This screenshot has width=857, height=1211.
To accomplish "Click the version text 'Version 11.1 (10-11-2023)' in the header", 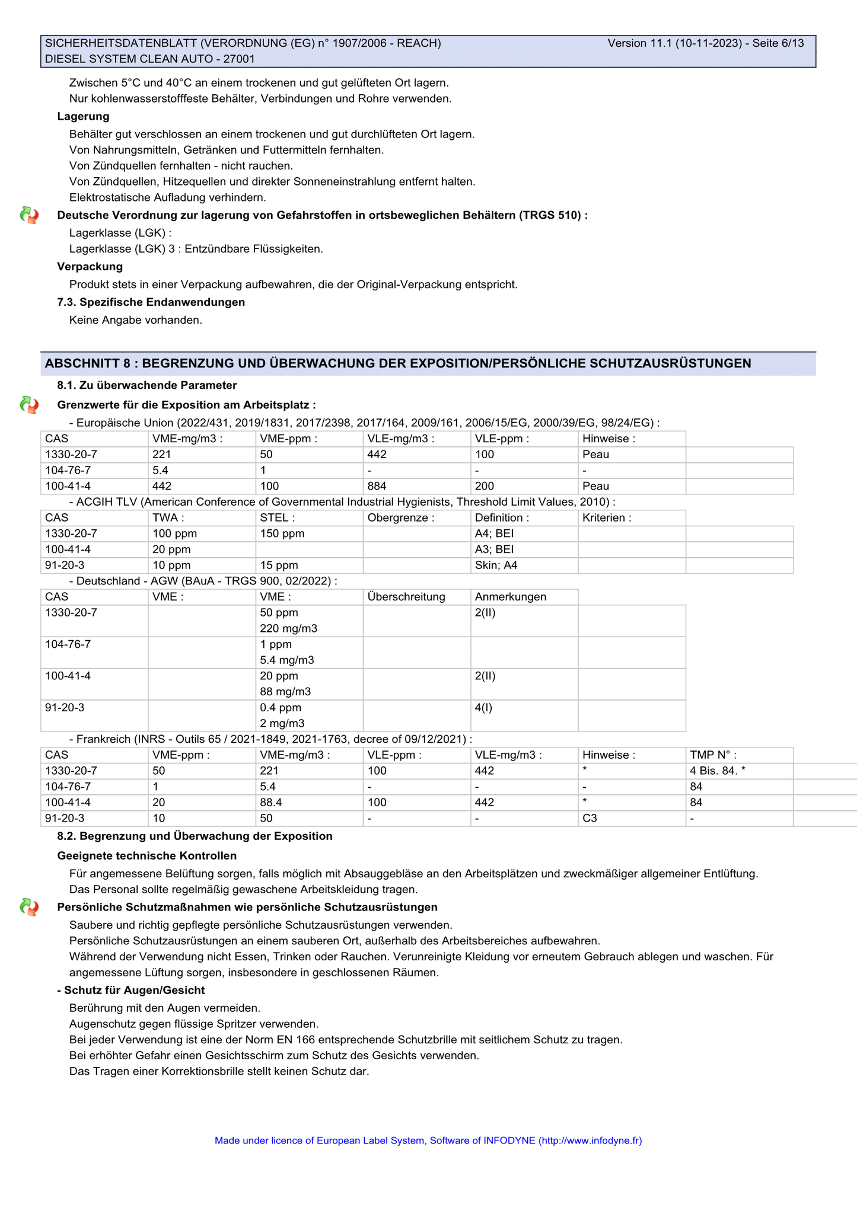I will (x=674, y=43).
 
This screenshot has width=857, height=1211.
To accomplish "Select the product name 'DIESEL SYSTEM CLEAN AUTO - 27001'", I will (x=150, y=59).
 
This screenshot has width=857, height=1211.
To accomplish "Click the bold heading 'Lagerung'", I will (x=83, y=116).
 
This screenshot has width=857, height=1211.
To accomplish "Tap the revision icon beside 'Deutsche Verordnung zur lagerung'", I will (x=29, y=215).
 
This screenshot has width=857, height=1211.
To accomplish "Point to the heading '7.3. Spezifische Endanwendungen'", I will (x=151, y=302).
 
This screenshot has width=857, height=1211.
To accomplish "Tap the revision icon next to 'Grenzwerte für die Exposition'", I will (x=29, y=405).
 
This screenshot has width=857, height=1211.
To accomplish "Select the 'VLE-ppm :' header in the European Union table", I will (x=502, y=439).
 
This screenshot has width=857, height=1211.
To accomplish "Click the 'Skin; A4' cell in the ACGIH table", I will (x=496, y=565).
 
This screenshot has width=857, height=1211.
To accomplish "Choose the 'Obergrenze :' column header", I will (x=401, y=517).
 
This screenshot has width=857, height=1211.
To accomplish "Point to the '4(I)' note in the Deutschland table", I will (x=483, y=707).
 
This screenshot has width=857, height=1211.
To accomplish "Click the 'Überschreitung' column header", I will (x=406, y=596).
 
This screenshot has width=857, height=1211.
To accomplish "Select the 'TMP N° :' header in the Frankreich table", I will (x=713, y=755).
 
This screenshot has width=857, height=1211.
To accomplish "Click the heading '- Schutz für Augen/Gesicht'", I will (x=131, y=990).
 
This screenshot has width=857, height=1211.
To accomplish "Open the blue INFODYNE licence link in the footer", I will (x=428, y=1140).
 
